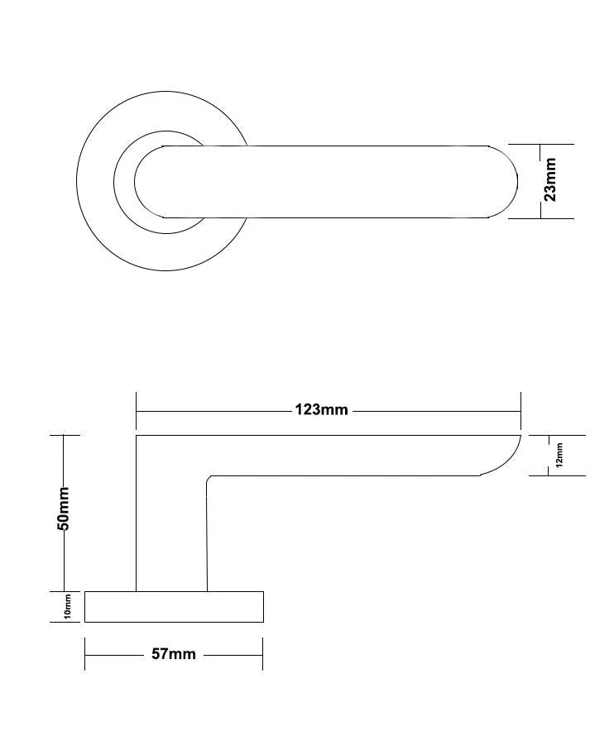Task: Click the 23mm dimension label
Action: coord(550,181)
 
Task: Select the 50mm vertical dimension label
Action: coord(64,509)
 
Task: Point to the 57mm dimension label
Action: coord(174,654)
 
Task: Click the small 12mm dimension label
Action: coord(559,455)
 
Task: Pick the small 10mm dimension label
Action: coord(68,607)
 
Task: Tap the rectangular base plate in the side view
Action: coord(174,607)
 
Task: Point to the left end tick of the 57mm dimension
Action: coord(84,654)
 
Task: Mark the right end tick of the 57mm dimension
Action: coord(262,654)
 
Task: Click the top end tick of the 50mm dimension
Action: coord(65,435)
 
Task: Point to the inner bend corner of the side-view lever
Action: coord(209,478)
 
